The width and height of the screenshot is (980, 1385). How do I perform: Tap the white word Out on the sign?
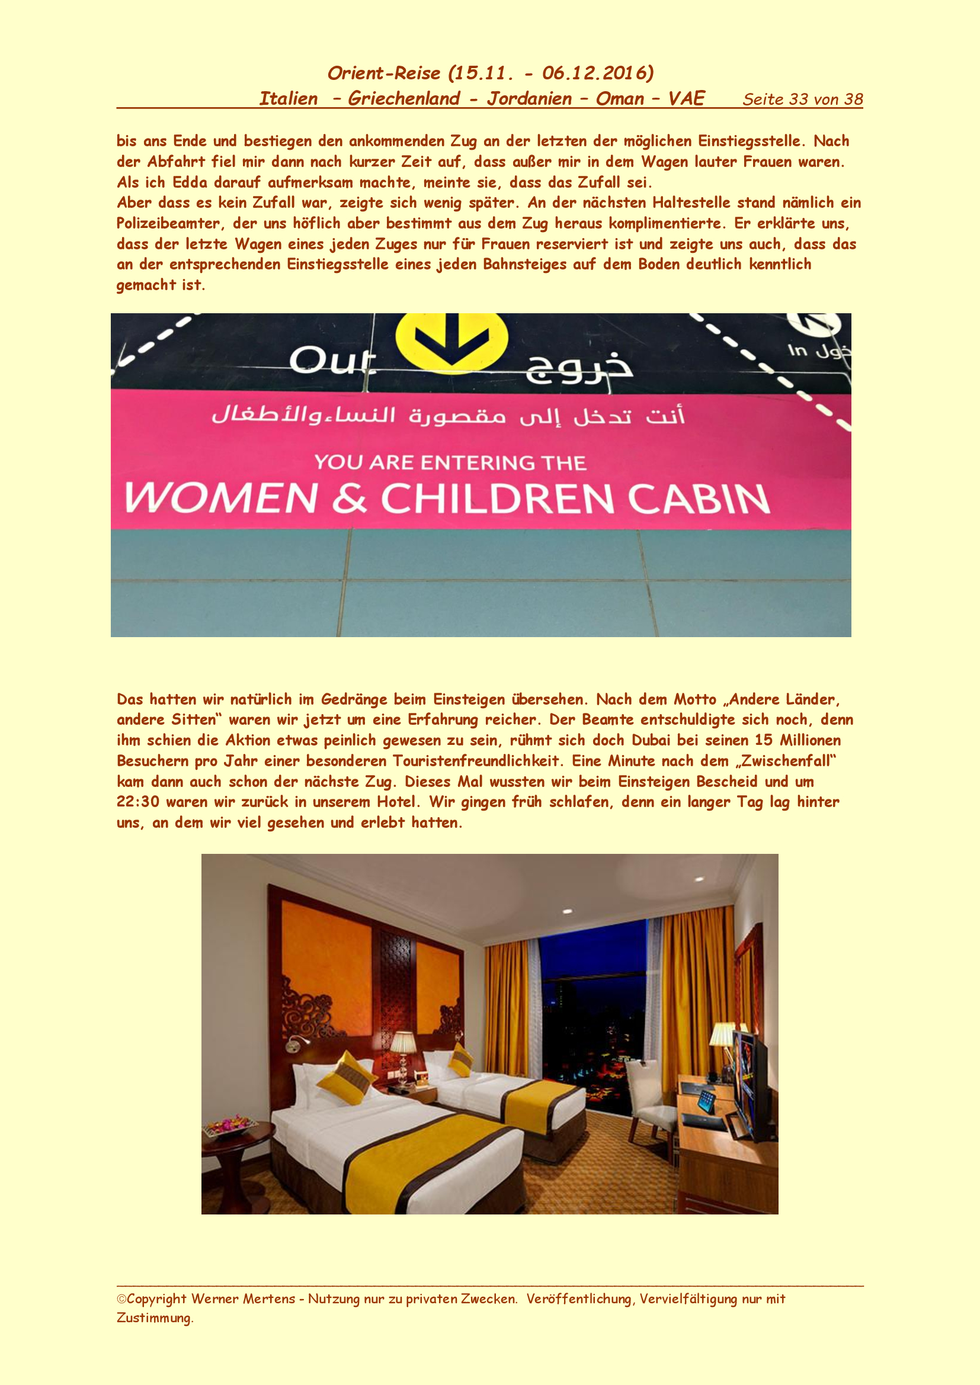point(332,361)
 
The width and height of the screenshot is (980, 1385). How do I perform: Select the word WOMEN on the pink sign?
point(221,498)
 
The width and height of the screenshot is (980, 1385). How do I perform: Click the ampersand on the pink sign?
point(350,499)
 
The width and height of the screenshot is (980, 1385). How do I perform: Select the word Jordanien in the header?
point(529,98)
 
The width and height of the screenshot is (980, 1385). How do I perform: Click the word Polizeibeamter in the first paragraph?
point(168,223)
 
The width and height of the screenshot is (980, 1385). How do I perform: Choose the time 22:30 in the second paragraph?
point(137,802)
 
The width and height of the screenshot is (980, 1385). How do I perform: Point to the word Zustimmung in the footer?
point(155,1318)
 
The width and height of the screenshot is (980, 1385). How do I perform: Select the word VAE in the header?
point(686,98)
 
